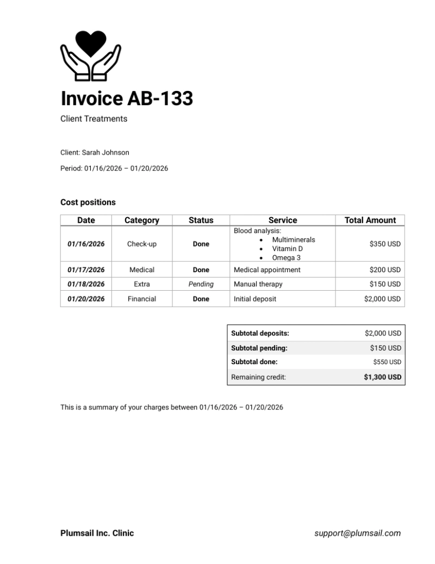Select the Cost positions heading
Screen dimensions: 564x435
[88, 203]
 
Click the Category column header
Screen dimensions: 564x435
[142, 220]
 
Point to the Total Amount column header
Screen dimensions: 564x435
[370, 220]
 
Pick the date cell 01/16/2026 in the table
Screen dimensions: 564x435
[86, 244]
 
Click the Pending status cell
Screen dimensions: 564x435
[201, 284]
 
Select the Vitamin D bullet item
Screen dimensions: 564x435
[287, 249]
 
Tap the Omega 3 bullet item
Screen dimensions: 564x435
[286, 258]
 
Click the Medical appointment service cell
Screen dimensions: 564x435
[267, 269]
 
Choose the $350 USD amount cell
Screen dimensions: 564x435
[384, 244]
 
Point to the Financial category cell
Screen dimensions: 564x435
[142, 299]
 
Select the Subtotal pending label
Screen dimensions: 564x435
[259, 348]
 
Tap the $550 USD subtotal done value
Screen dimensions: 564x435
[387, 362]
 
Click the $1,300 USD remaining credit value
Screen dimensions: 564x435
[382, 377]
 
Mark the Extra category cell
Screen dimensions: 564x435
[142, 284]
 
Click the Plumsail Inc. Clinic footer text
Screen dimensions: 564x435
[97, 534]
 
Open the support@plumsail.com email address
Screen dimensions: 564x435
[357, 534]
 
